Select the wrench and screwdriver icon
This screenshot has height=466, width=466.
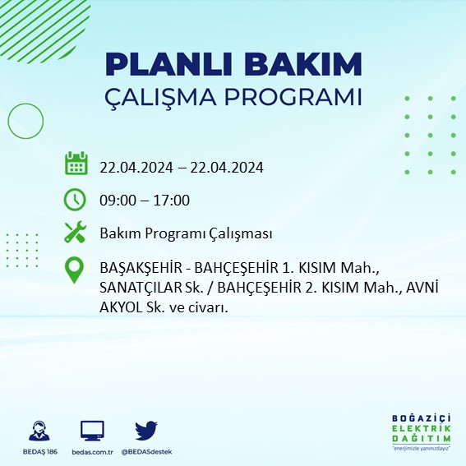[x=76, y=233]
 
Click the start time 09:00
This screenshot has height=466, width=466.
[x=117, y=201]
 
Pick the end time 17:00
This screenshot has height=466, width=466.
[x=173, y=201]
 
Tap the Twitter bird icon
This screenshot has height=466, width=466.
[x=146, y=431]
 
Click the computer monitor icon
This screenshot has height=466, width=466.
[x=92, y=431]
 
